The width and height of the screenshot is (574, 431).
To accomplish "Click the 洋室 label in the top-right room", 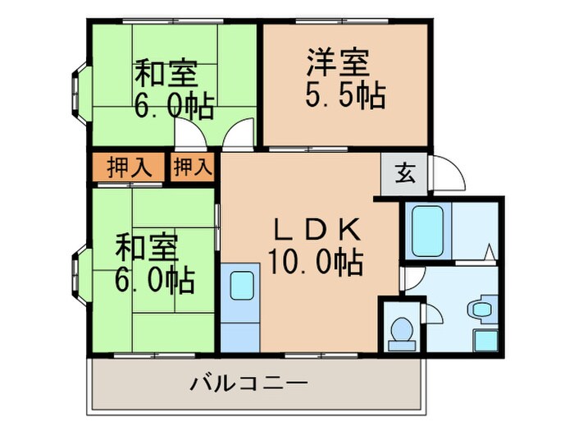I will pyautogui.click(x=338, y=63).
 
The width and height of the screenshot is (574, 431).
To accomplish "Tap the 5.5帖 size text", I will pyautogui.click(x=344, y=97).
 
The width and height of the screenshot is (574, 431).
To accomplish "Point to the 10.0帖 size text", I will pyautogui.click(x=316, y=263).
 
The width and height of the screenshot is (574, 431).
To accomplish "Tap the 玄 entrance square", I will pyautogui.click(x=405, y=173).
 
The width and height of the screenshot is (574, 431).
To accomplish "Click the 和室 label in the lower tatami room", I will pyautogui.click(x=145, y=246).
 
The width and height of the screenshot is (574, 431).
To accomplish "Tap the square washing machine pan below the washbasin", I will pyautogui.click(x=485, y=340).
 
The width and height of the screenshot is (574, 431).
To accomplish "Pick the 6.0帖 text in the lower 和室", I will pyautogui.click(x=154, y=281).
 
